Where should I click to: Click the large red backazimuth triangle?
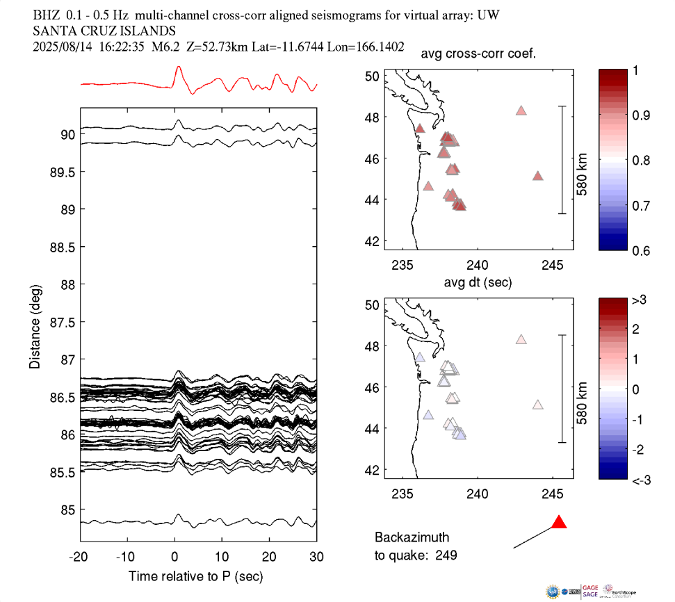(x=559, y=522)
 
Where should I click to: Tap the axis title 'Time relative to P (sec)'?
(x=195, y=576)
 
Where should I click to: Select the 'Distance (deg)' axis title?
(x=35, y=326)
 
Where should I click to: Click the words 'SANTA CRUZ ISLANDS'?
(x=104, y=31)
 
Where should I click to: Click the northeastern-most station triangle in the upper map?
(x=521, y=111)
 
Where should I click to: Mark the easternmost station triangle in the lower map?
(x=537, y=405)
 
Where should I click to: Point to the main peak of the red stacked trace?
(x=179, y=67)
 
